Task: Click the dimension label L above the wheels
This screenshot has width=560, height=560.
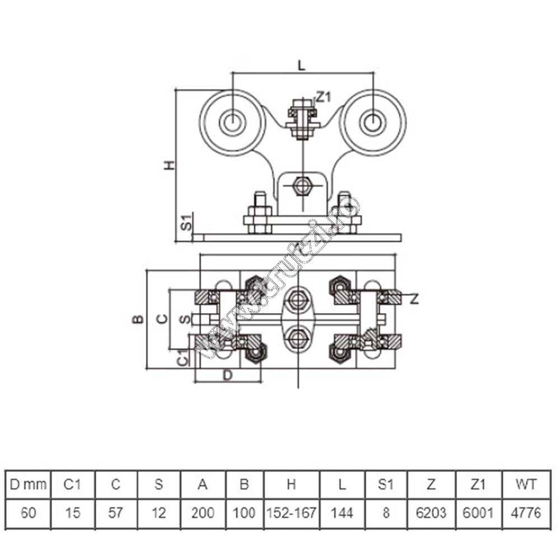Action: click(x=302, y=65)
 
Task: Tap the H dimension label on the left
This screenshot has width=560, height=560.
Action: click(x=170, y=165)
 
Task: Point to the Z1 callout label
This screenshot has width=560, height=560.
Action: click(x=324, y=96)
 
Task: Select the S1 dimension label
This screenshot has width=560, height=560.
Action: click(x=186, y=223)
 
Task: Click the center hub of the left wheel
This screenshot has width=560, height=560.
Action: click(x=232, y=122)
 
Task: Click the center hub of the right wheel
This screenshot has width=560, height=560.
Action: click(x=373, y=122)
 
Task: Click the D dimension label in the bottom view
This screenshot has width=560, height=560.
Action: click(x=227, y=375)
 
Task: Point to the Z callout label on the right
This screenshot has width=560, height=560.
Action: click(x=414, y=298)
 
